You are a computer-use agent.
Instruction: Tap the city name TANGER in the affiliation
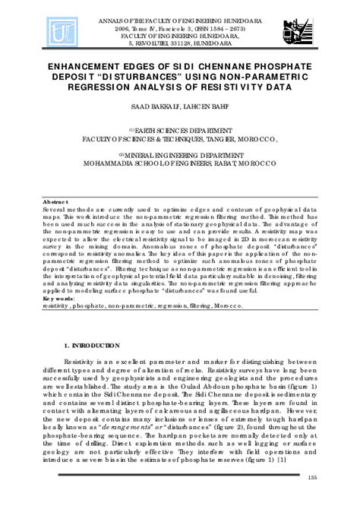pos(209,139)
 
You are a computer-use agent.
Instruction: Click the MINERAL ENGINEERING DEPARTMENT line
pos(181,153)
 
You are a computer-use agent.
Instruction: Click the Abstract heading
pos(55,201)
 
